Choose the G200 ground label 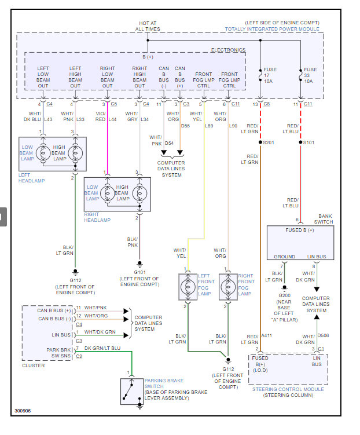click(284, 295)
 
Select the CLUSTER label click(34, 365)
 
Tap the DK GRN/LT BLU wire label click(102, 348)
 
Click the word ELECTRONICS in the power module click(228, 50)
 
